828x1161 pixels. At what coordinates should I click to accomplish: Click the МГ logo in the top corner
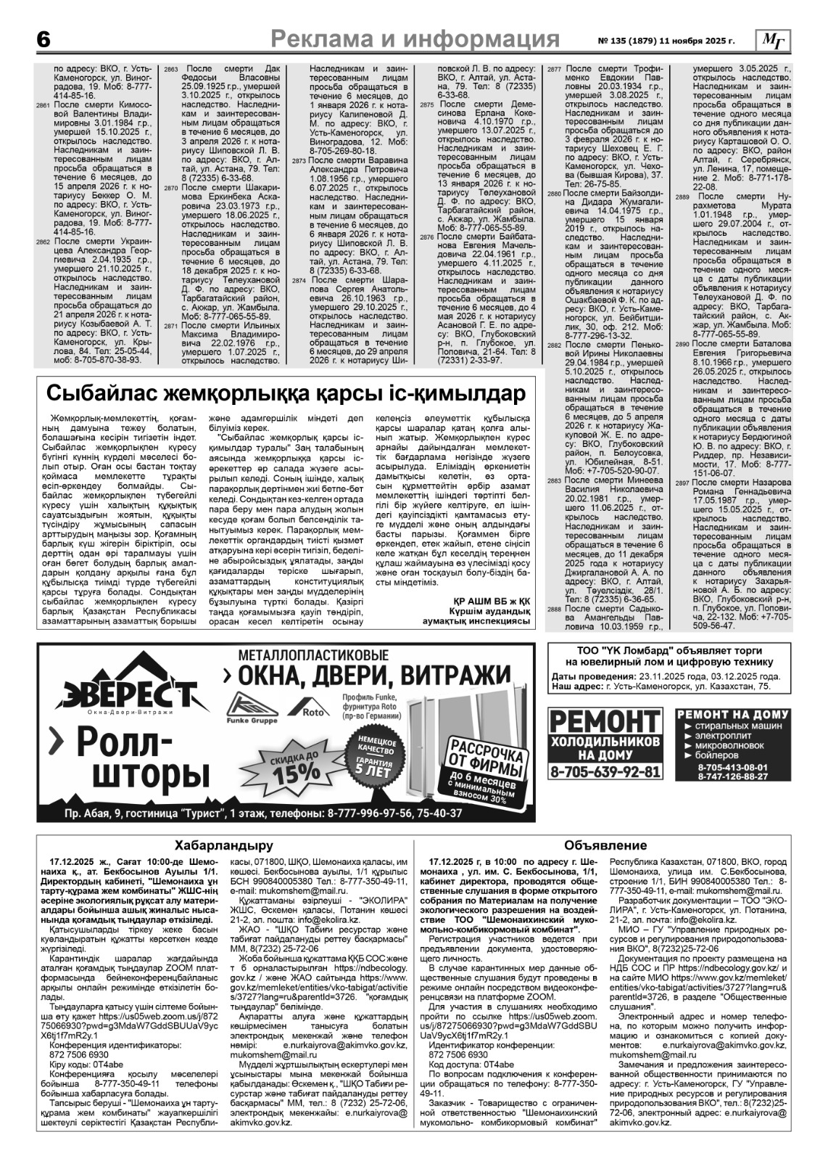click(x=774, y=41)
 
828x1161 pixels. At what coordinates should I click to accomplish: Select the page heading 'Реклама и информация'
click(x=420, y=38)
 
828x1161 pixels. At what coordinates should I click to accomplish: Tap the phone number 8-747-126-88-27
click(x=732, y=776)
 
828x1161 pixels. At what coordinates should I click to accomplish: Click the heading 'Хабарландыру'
click(x=224, y=845)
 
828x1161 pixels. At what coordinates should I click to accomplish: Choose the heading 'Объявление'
click(x=605, y=845)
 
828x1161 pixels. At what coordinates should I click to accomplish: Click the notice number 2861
click(x=43, y=106)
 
